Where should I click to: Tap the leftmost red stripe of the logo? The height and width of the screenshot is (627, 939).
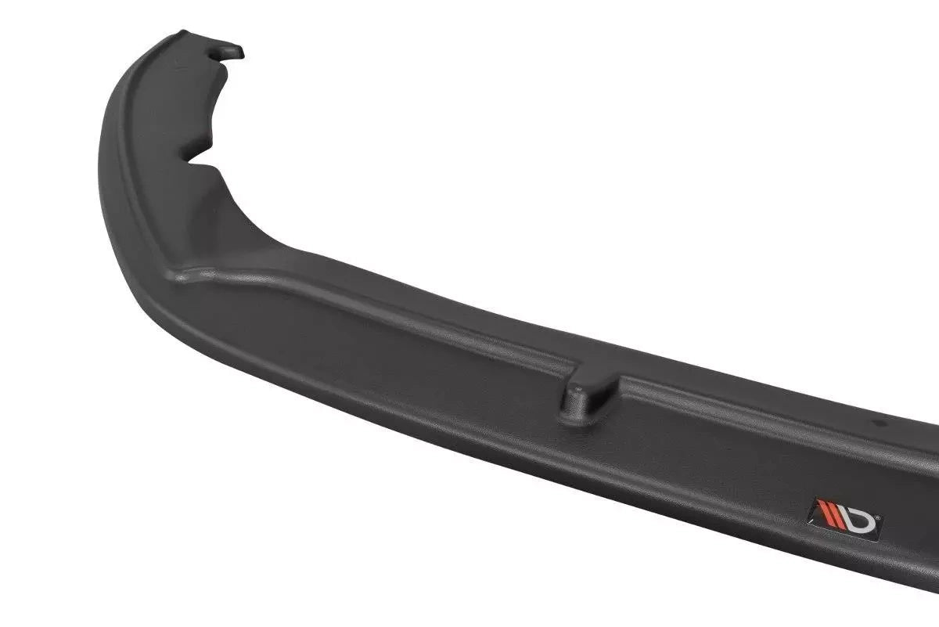pyautogui.click(x=818, y=511)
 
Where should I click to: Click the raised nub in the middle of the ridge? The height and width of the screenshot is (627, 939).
pyautogui.click(x=587, y=394)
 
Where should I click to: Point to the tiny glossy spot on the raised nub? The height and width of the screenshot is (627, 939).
pyautogui.click(x=575, y=386)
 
